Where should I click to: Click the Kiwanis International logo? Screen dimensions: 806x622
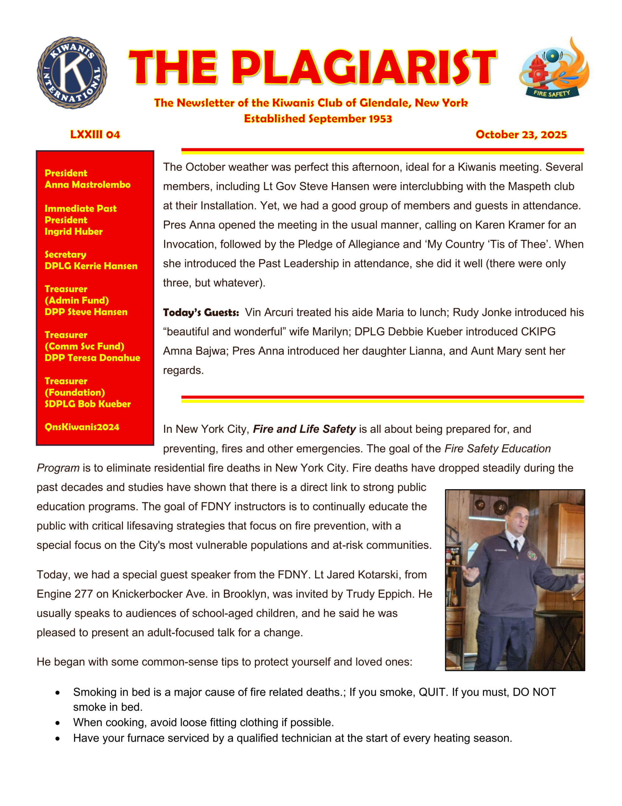[72, 73]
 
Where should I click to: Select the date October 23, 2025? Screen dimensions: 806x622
[521, 134]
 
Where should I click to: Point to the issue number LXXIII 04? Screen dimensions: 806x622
[95, 134]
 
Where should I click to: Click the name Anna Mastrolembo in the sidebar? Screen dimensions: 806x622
[87, 184]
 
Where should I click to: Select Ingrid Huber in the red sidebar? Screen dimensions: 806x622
[73, 231]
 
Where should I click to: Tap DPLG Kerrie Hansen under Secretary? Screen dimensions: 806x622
[91, 266]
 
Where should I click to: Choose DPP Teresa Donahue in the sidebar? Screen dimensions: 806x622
[92, 358]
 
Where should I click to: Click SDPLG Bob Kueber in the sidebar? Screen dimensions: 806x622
[87, 404]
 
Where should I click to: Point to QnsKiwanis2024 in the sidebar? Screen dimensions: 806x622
[82, 427]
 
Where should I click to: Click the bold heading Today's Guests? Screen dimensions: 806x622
[201, 313]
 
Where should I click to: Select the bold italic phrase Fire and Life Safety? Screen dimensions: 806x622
[304, 429]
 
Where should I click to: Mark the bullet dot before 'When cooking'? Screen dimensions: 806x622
[58, 723]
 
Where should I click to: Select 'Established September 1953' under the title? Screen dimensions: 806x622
[318, 118]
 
